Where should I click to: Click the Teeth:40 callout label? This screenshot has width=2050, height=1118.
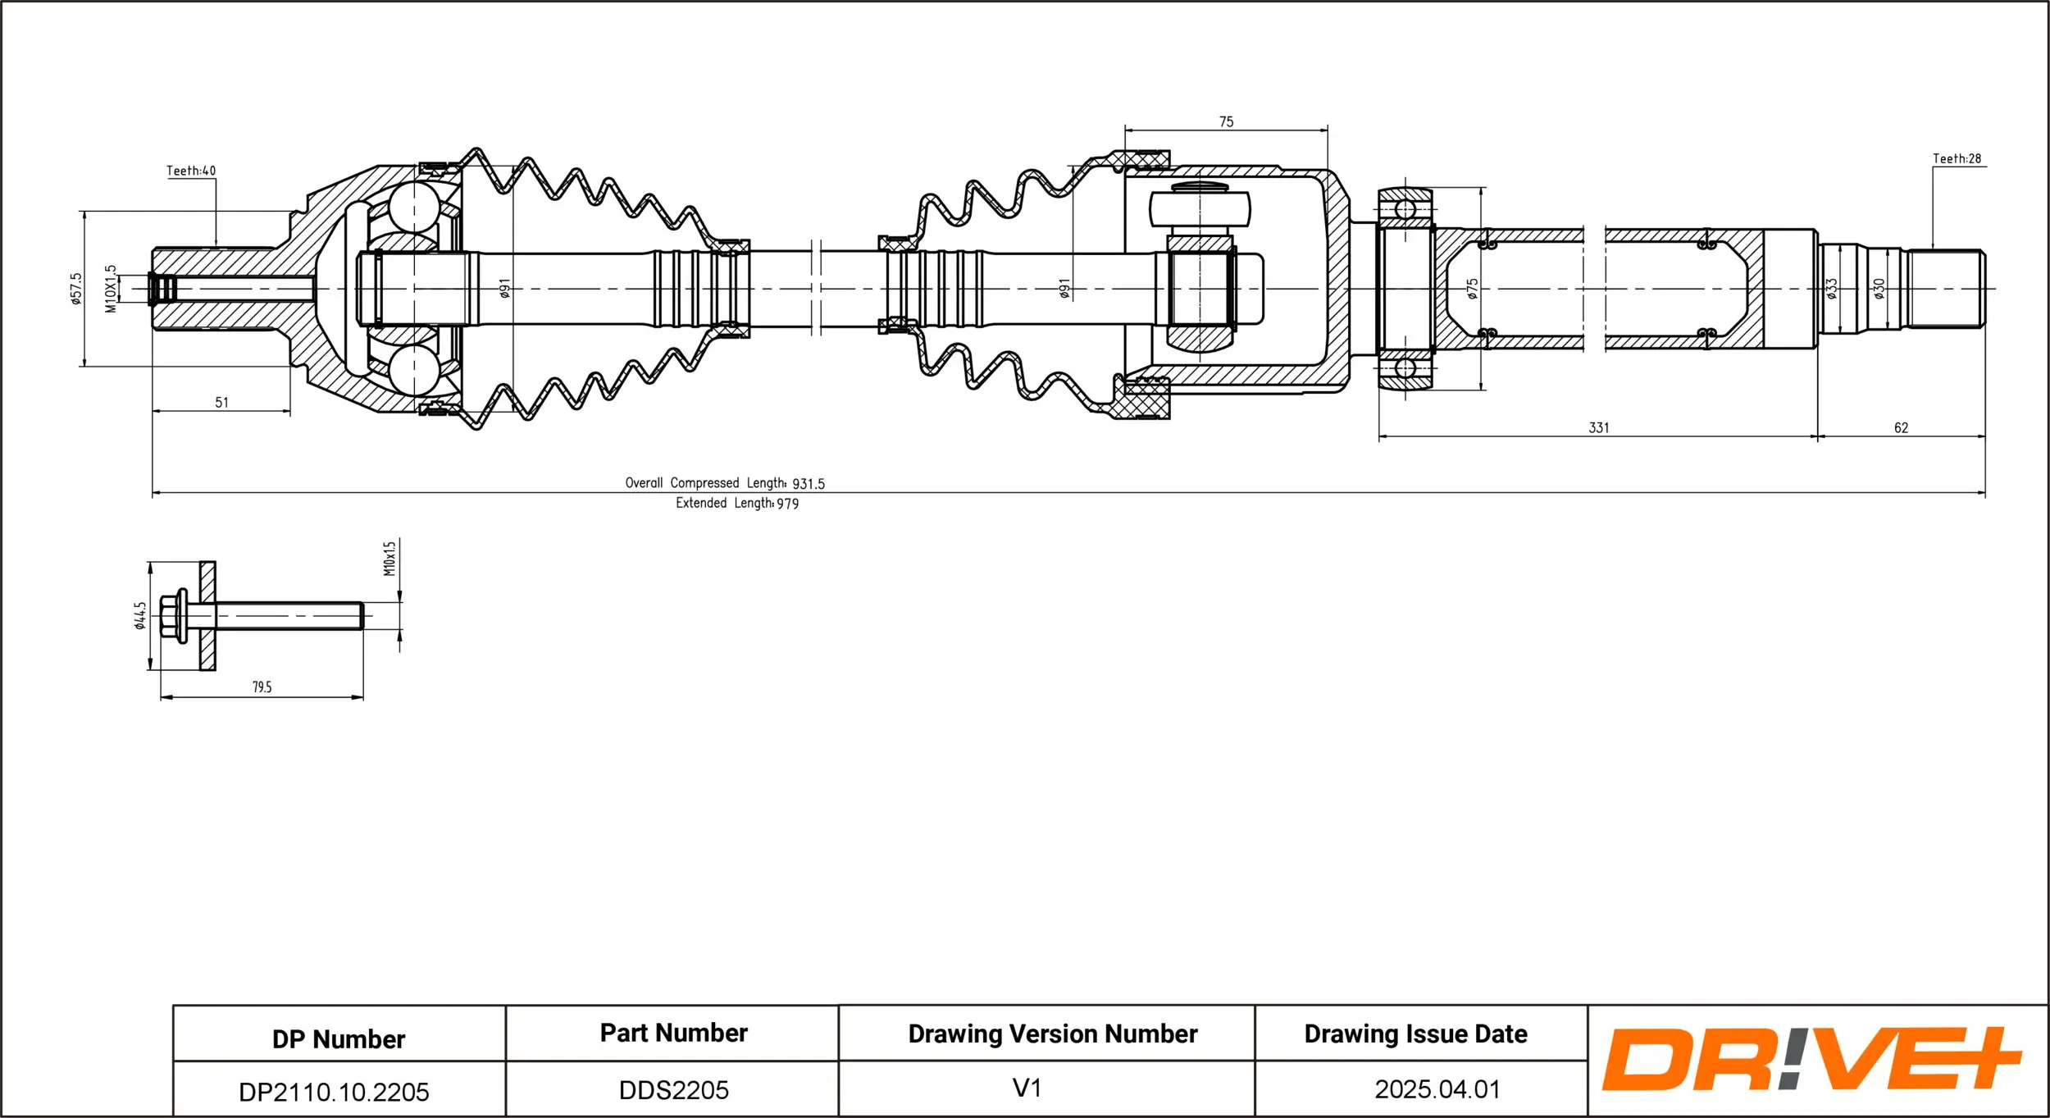[191, 171]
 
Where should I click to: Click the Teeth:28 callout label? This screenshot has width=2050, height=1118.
[1957, 158]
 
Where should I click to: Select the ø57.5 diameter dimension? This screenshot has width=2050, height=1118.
[76, 289]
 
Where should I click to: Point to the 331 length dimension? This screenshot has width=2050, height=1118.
[1598, 427]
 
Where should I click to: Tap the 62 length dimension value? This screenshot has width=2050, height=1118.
[1901, 427]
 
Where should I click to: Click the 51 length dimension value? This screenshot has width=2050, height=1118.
[221, 402]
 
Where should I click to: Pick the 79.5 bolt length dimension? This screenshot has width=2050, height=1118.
[262, 687]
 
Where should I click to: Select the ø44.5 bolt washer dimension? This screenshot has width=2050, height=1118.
[140, 615]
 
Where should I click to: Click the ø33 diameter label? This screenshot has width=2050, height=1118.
[1831, 289]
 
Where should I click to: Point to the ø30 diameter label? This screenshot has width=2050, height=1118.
[1879, 289]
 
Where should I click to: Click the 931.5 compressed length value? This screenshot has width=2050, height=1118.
[809, 484]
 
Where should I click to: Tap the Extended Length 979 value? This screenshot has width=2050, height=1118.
[787, 504]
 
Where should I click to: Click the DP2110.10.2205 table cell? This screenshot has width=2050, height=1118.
[334, 1091]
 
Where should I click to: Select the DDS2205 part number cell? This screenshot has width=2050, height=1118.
[673, 1089]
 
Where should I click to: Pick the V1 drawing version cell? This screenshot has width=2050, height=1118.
[1027, 1088]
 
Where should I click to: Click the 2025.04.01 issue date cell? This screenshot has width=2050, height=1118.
[1437, 1088]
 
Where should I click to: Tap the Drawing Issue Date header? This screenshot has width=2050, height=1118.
[1415, 1034]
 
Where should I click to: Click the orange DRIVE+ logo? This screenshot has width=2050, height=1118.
[1811, 1059]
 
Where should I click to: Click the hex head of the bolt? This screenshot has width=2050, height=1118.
[171, 615]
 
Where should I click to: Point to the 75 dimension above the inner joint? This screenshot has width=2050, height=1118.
[1226, 121]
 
